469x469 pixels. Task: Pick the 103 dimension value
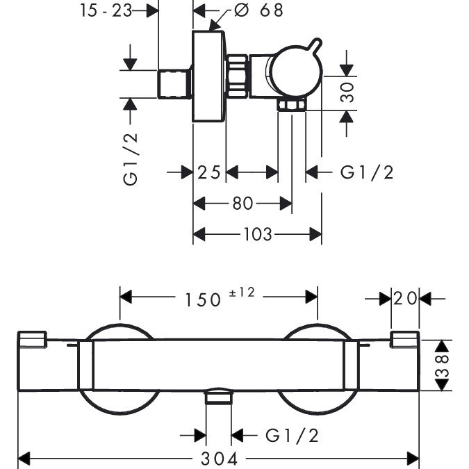[x=257, y=235]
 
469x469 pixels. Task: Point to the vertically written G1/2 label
[x=131, y=158]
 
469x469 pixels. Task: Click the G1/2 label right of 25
[x=367, y=172]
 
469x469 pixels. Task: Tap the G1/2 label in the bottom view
[x=291, y=436]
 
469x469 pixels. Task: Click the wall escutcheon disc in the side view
[x=209, y=76]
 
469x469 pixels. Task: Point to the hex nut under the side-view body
[x=291, y=105]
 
